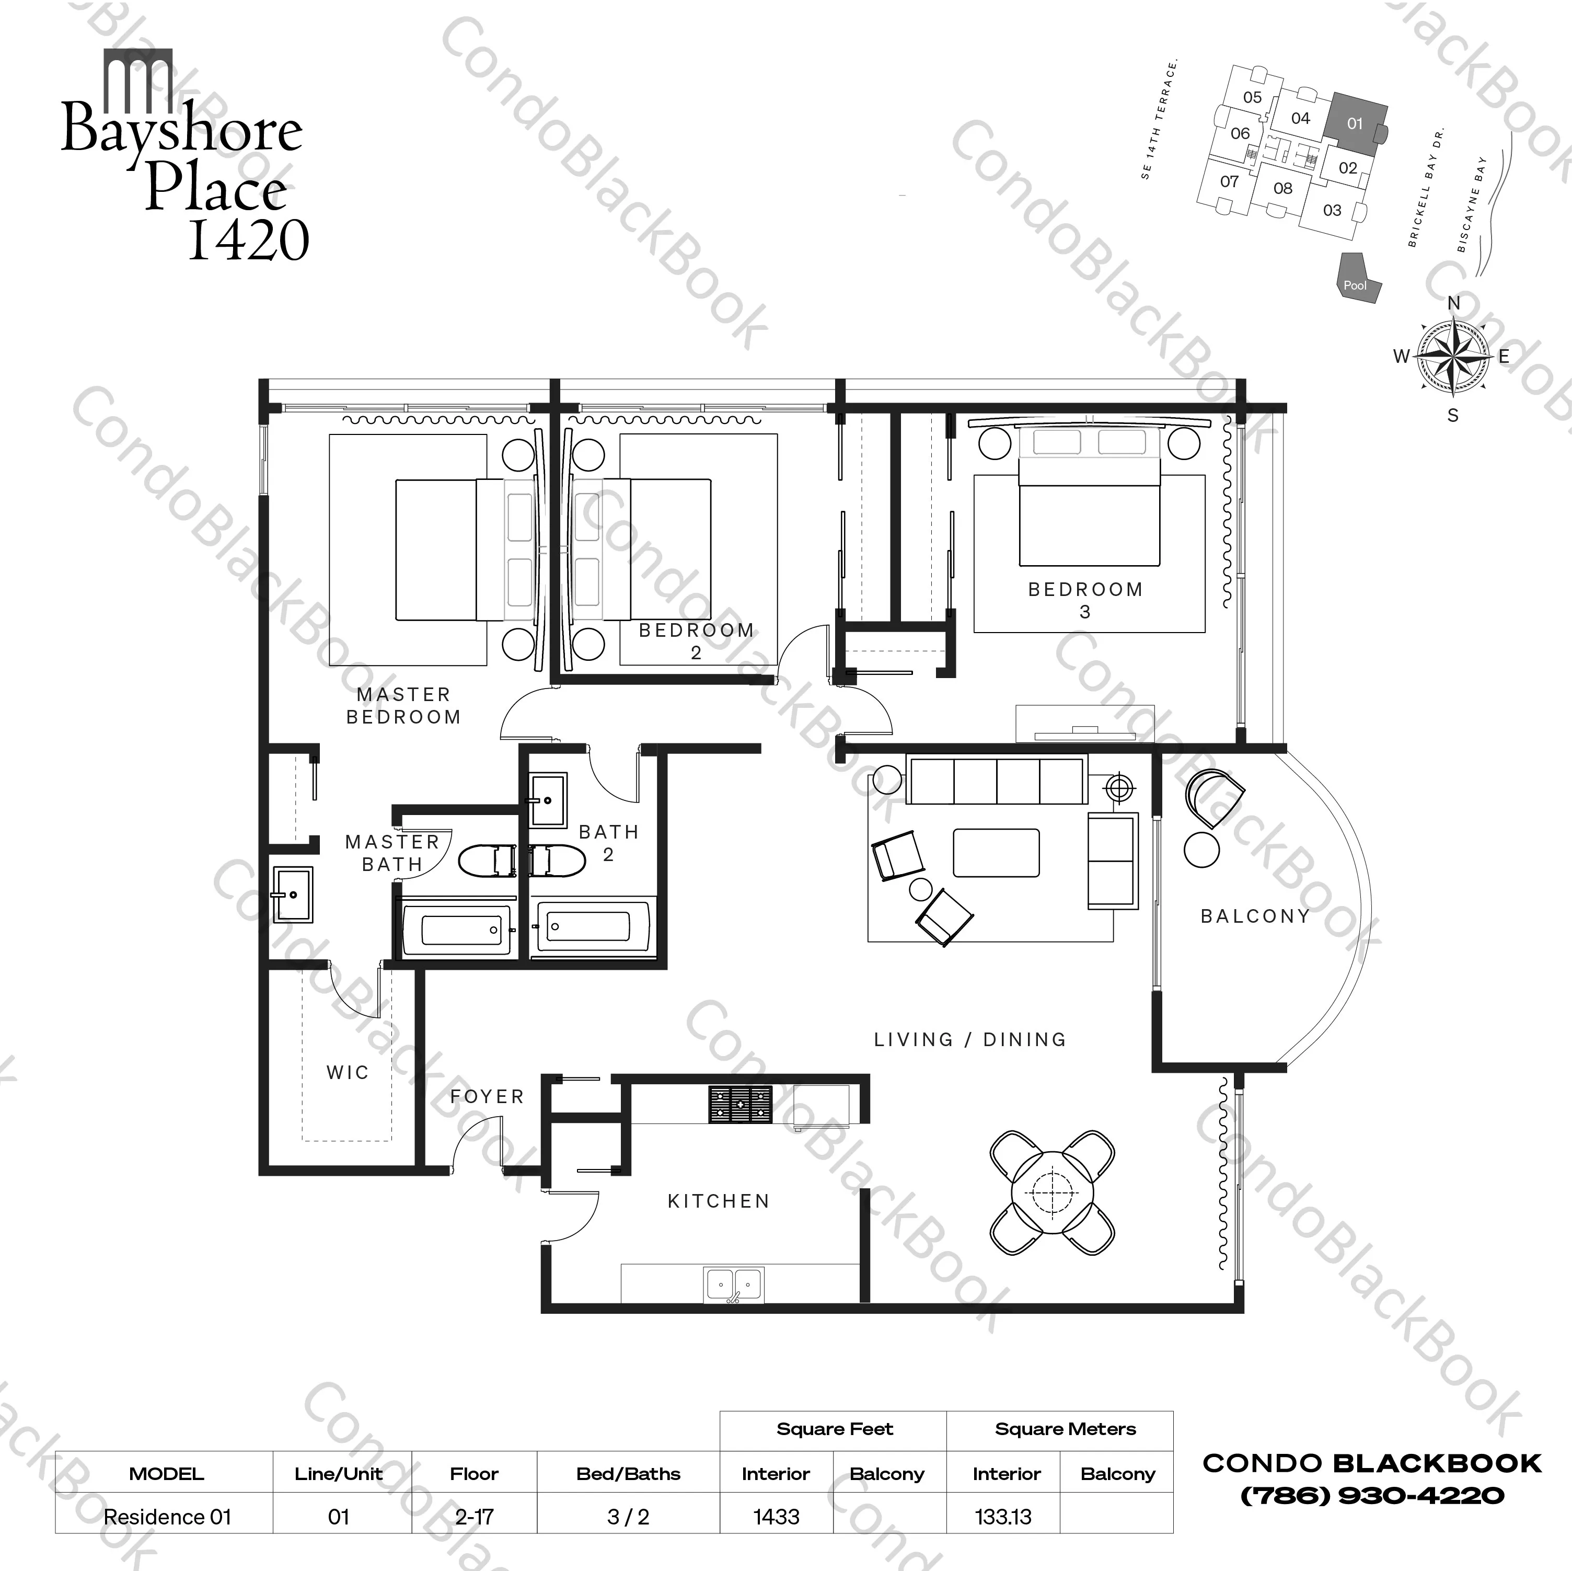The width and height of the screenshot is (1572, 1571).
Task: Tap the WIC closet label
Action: click(348, 1073)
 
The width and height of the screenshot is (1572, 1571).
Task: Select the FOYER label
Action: click(487, 1096)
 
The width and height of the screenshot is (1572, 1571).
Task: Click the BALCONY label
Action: click(1255, 916)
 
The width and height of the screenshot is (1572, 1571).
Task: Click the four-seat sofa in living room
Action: click(997, 781)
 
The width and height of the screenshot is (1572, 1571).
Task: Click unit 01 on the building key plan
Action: click(1354, 124)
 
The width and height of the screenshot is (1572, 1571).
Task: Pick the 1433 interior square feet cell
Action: click(776, 1517)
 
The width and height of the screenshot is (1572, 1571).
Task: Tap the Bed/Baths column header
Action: click(628, 1473)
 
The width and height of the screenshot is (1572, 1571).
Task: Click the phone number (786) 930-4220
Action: click(1372, 1495)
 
